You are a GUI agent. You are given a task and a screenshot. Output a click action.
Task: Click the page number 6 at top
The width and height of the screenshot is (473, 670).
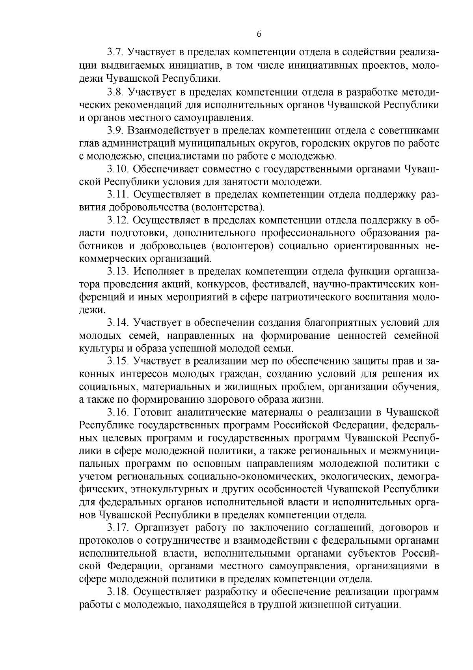pos(259,34)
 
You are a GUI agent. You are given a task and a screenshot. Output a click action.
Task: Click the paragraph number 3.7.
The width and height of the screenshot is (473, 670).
pos(115,53)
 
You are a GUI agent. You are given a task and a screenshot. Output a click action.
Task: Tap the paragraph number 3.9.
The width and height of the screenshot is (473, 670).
pos(115,131)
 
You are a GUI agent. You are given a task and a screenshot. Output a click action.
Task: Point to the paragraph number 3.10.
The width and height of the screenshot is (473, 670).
pos(118,169)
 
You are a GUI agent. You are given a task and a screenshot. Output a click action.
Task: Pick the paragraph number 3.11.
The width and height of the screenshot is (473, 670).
pos(118,195)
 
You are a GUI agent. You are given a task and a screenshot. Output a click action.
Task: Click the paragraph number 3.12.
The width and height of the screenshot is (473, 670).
pos(118,220)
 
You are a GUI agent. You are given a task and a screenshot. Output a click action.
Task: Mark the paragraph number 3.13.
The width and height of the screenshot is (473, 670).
pos(118,272)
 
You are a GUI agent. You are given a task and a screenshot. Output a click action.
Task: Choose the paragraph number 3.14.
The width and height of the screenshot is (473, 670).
pos(118,323)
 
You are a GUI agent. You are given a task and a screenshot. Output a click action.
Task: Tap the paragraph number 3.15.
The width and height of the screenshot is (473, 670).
pos(118,361)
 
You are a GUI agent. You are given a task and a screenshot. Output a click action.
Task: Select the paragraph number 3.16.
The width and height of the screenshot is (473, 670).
pos(118,413)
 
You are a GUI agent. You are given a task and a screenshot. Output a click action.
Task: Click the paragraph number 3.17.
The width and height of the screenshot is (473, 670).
pos(118,528)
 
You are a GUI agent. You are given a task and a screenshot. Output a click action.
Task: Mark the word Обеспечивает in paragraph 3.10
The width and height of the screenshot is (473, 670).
pos(164,169)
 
